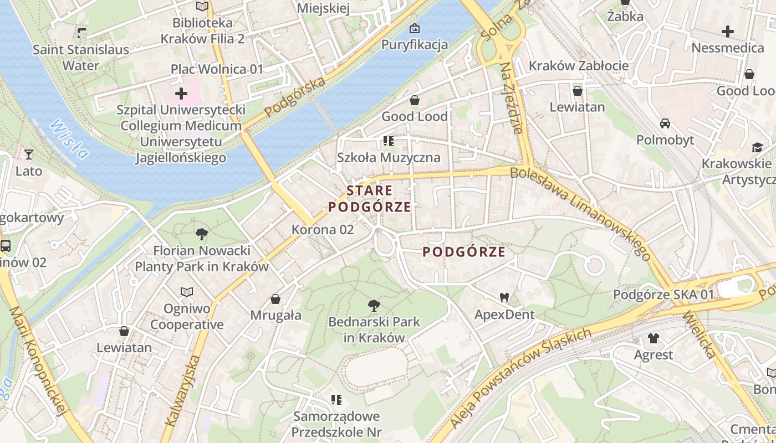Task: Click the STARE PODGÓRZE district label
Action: pyautogui.click(x=370, y=199)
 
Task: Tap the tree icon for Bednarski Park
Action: pyautogui.click(x=374, y=305)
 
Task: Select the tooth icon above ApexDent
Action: pyautogui.click(x=504, y=297)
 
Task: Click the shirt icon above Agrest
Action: pyautogui.click(x=654, y=338)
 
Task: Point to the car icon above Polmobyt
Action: pyautogui.click(x=665, y=123)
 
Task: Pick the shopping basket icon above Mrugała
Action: pyautogui.click(x=275, y=299)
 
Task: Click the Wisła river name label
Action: pyautogui.click(x=69, y=139)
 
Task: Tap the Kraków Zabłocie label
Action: pyautogui.click(x=579, y=65)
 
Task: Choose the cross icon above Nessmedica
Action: pyautogui.click(x=728, y=32)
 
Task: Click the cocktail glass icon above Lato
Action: pyautogui.click(x=29, y=154)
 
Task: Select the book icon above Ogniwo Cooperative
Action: pyautogui.click(x=187, y=291)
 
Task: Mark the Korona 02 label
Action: pyautogui.click(x=323, y=229)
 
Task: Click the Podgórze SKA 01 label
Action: pyautogui.click(x=663, y=295)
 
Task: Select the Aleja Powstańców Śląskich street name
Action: pyautogui.click(x=520, y=378)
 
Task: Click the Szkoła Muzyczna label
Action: pyautogui.click(x=389, y=157)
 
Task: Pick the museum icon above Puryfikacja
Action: pyautogui.click(x=414, y=28)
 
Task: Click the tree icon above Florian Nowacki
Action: pyautogui.click(x=202, y=234)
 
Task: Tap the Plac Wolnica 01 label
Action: pyautogui.click(x=217, y=69)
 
